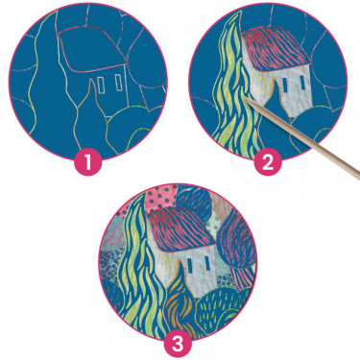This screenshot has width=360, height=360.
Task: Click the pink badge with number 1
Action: [88, 162]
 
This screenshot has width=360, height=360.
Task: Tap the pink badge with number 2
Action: [268, 162]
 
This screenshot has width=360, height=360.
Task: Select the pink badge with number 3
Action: [179, 345]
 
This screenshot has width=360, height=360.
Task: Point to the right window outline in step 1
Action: [119, 83]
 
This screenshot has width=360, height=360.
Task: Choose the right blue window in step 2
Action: [302, 84]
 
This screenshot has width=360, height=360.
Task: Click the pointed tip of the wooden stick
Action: [246, 98]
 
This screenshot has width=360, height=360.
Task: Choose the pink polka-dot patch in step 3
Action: [161, 198]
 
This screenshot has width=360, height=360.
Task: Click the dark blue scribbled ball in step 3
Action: [192, 200]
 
